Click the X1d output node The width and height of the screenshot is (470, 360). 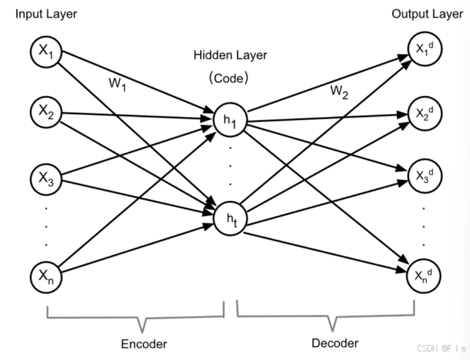pos(422,51)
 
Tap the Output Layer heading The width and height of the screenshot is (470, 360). pos(427,14)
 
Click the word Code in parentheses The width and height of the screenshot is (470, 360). pos(229,79)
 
